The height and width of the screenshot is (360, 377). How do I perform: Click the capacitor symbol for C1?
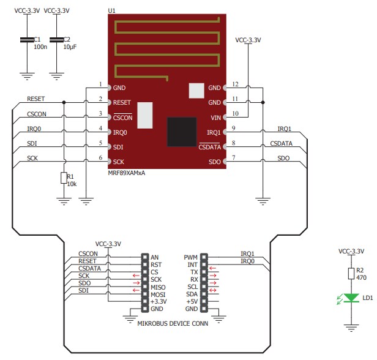click(26, 40)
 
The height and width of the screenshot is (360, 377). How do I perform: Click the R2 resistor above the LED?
click(351, 273)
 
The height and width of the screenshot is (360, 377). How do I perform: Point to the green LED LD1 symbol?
click(351, 298)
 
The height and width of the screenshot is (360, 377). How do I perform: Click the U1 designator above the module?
click(111, 11)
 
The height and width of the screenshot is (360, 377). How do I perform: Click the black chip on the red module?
click(182, 131)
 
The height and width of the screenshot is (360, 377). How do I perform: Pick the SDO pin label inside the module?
click(214, 162)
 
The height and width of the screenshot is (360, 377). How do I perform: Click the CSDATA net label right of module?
click(281, 143)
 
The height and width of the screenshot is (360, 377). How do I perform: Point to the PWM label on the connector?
click(190, 258)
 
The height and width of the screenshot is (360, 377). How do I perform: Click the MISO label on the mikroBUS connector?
click(159, 286)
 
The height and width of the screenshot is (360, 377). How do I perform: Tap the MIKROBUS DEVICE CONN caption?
click(174, 323)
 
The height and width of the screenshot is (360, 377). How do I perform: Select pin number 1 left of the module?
click(100, 84)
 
